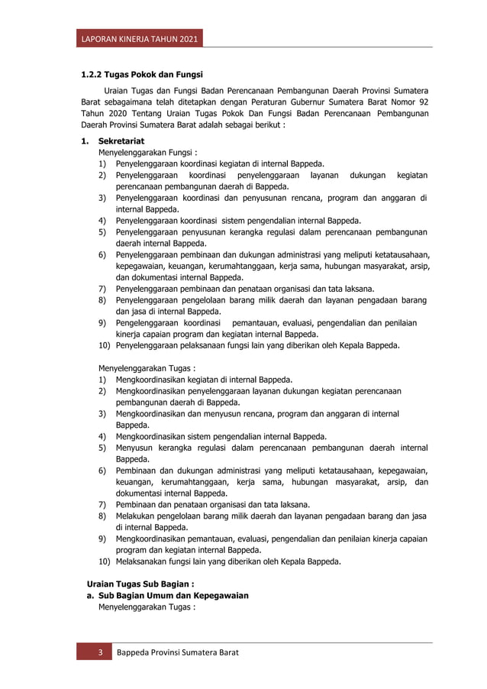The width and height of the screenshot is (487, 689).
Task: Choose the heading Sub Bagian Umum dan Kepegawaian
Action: [173, 595]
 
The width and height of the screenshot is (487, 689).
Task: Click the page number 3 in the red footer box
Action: [98, 653]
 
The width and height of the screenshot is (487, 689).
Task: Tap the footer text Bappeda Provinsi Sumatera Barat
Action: [177, 653]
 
